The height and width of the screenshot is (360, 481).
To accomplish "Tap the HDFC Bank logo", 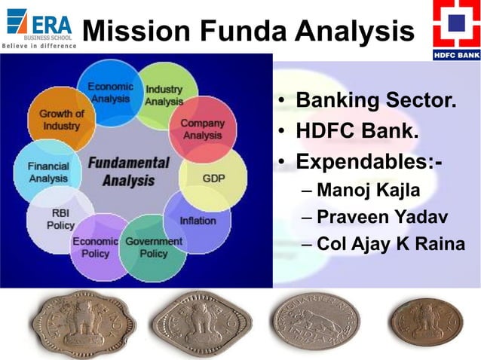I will tap(455, 32).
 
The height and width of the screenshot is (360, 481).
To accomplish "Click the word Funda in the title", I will tap(243, 31).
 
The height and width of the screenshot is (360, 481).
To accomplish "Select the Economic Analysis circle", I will tap(110, 93).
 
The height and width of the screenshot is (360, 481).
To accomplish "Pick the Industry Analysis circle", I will tap(164, 96).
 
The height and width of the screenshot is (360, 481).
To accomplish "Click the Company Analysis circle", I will tap(202, 129).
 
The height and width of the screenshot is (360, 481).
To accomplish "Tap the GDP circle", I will tap(212, 178).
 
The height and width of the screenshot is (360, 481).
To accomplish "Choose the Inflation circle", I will tap(198, 221).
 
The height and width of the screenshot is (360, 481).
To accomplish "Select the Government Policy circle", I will tap(153, 247).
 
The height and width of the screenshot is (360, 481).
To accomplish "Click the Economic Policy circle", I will tap(96, 247).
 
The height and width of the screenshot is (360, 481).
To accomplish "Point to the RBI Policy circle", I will tap(60, 219).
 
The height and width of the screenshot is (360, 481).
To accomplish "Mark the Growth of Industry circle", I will tap(62, 121).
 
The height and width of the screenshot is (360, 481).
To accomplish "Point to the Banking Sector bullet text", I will tap(375, 100).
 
